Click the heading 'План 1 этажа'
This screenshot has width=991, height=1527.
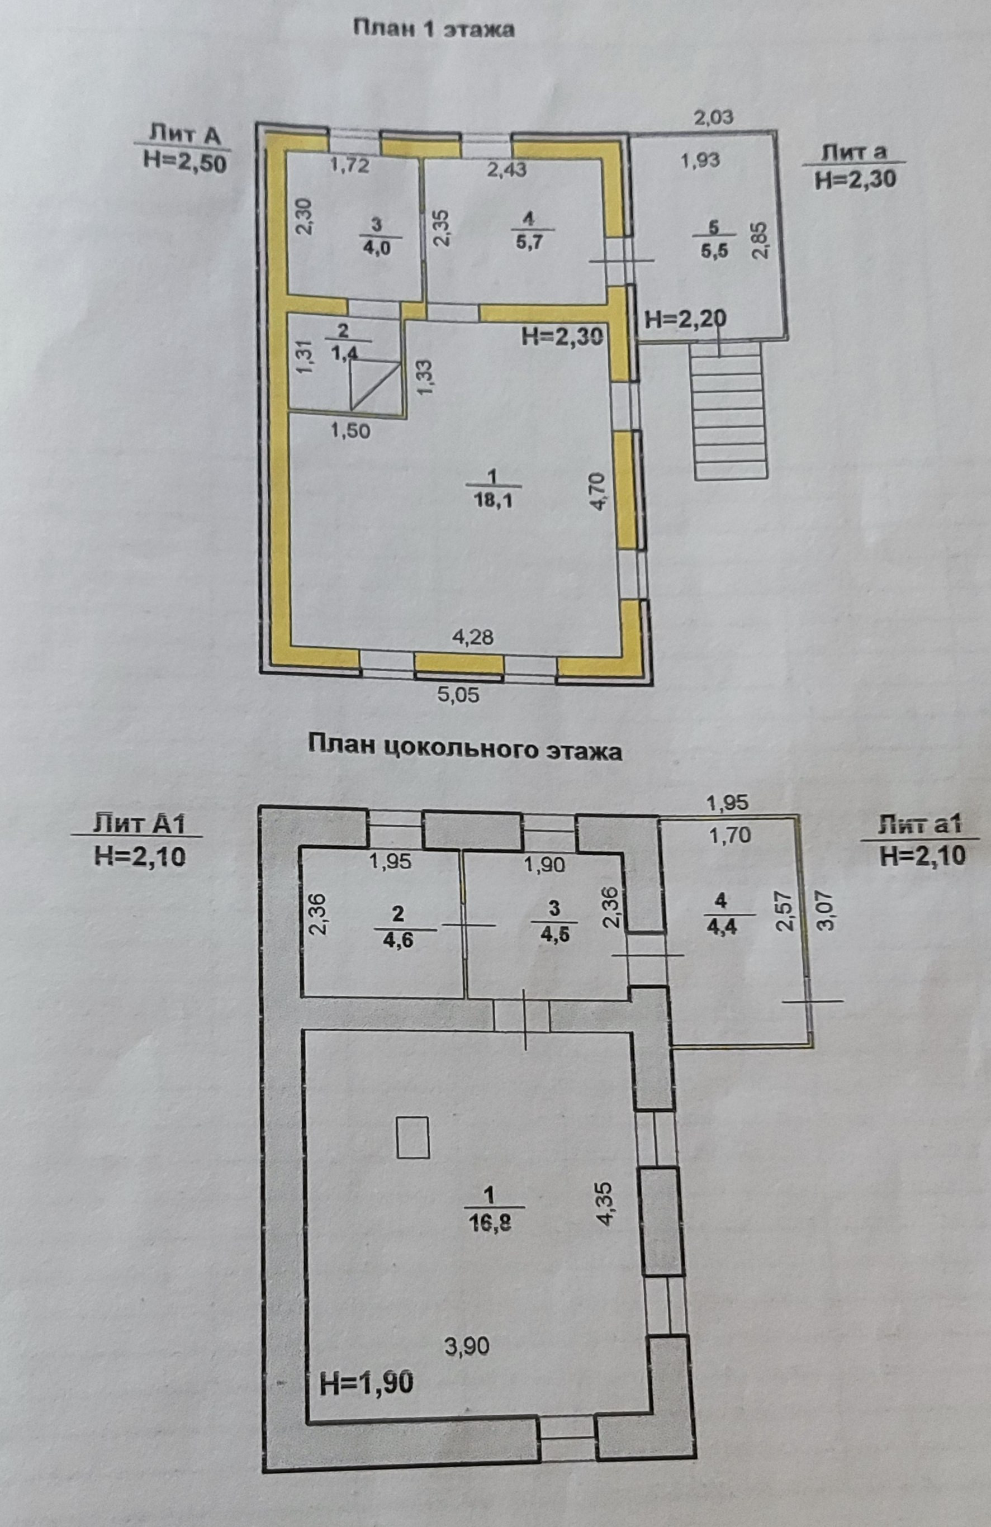pyautogui.click(x=434, y=30)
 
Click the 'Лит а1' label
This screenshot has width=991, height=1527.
pyautogui.click(x=921, y=824)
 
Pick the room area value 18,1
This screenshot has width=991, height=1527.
pyautogui.click(x=493, y=500)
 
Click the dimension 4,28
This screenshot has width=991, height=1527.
pyautogui.click(x=473, y=638)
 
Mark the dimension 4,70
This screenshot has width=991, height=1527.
pyautogui.click(x=598, y=491)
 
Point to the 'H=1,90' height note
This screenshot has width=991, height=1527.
pyautogui.click(x=366, y=1383)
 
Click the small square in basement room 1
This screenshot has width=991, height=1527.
pyautogui.click(x=412, y=1137)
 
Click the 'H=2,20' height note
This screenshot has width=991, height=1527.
pyautogui.click(x=686, y=319)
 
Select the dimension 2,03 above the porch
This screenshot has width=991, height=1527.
pyautogui.click(x=713, y=117)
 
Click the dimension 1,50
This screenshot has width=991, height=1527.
pyautogui.click(x=350, y=430)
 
